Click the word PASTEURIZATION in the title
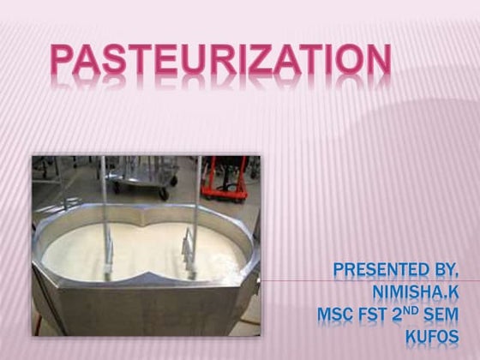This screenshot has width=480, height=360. pos(220,61)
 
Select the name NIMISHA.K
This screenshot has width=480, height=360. pos(410,293)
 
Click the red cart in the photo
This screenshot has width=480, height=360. pos(229,177)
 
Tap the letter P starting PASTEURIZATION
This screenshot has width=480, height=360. pos(63,61)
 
